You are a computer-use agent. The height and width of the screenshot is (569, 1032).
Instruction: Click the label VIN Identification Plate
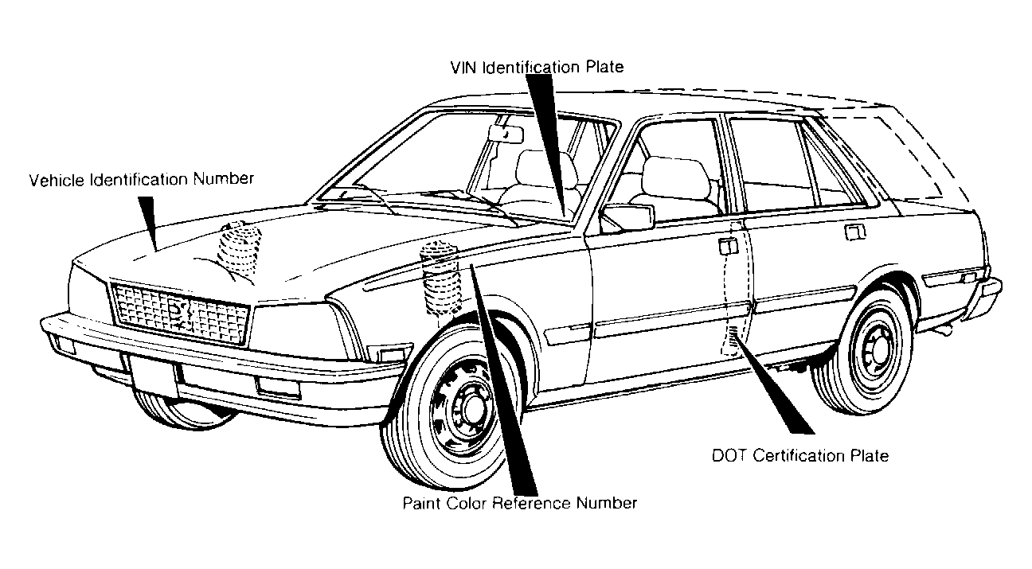[x=537, y=67]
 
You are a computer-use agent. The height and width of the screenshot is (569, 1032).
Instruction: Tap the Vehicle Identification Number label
[x=142, y=179]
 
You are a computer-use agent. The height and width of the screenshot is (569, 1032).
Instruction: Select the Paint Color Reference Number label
[x=520, y=503]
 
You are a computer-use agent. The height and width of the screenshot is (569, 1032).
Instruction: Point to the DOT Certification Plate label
[x=800, y=455]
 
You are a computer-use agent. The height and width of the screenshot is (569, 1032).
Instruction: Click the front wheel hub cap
[x=465, y=407]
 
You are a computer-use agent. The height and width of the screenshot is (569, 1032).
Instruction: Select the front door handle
[x=728, y=246]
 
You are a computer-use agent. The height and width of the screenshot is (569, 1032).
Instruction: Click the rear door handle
[x=854, y=232]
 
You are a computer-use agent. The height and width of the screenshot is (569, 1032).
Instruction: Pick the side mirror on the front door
[x=627, y=217]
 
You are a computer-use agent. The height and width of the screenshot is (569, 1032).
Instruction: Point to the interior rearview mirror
[x=506, y=134]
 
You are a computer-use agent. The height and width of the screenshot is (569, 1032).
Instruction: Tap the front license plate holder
[x=152, y=375]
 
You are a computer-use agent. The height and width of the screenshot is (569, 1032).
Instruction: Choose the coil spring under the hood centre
[x=240, y=251]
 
